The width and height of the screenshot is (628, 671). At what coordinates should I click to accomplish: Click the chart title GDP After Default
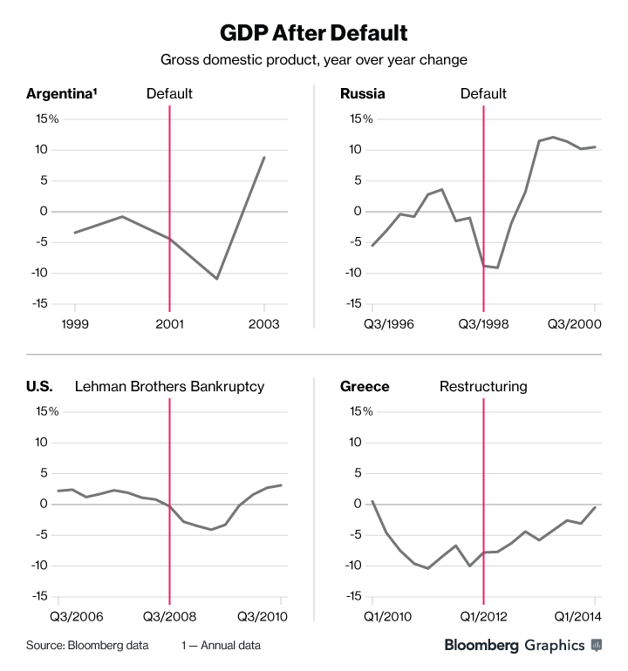point(313,34)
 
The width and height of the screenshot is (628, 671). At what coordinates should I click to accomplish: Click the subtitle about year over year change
point(313,60)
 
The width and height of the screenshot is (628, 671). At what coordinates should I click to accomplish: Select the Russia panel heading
point(363,94)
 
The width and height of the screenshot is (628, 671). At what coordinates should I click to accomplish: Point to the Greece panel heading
point(365,386)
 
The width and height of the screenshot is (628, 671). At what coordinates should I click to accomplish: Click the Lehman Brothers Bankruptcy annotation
point(169,386)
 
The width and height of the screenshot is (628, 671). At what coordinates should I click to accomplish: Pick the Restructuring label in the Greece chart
point(482,386)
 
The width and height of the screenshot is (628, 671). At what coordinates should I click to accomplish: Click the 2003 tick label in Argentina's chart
point(264,323)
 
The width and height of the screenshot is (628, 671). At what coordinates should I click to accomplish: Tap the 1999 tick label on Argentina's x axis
point(75,323)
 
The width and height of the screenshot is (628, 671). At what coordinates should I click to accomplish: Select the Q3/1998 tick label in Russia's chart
point(483,323)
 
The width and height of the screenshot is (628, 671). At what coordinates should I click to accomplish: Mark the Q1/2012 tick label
point(483,616)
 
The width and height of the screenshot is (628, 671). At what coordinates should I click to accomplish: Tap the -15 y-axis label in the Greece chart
point(352,596)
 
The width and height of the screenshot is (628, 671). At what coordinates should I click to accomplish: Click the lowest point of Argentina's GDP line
point(217,279)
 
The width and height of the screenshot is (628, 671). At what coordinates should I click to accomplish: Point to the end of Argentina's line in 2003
point(264,157)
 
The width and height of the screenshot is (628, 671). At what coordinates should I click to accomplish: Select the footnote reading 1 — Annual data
point(222,646)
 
